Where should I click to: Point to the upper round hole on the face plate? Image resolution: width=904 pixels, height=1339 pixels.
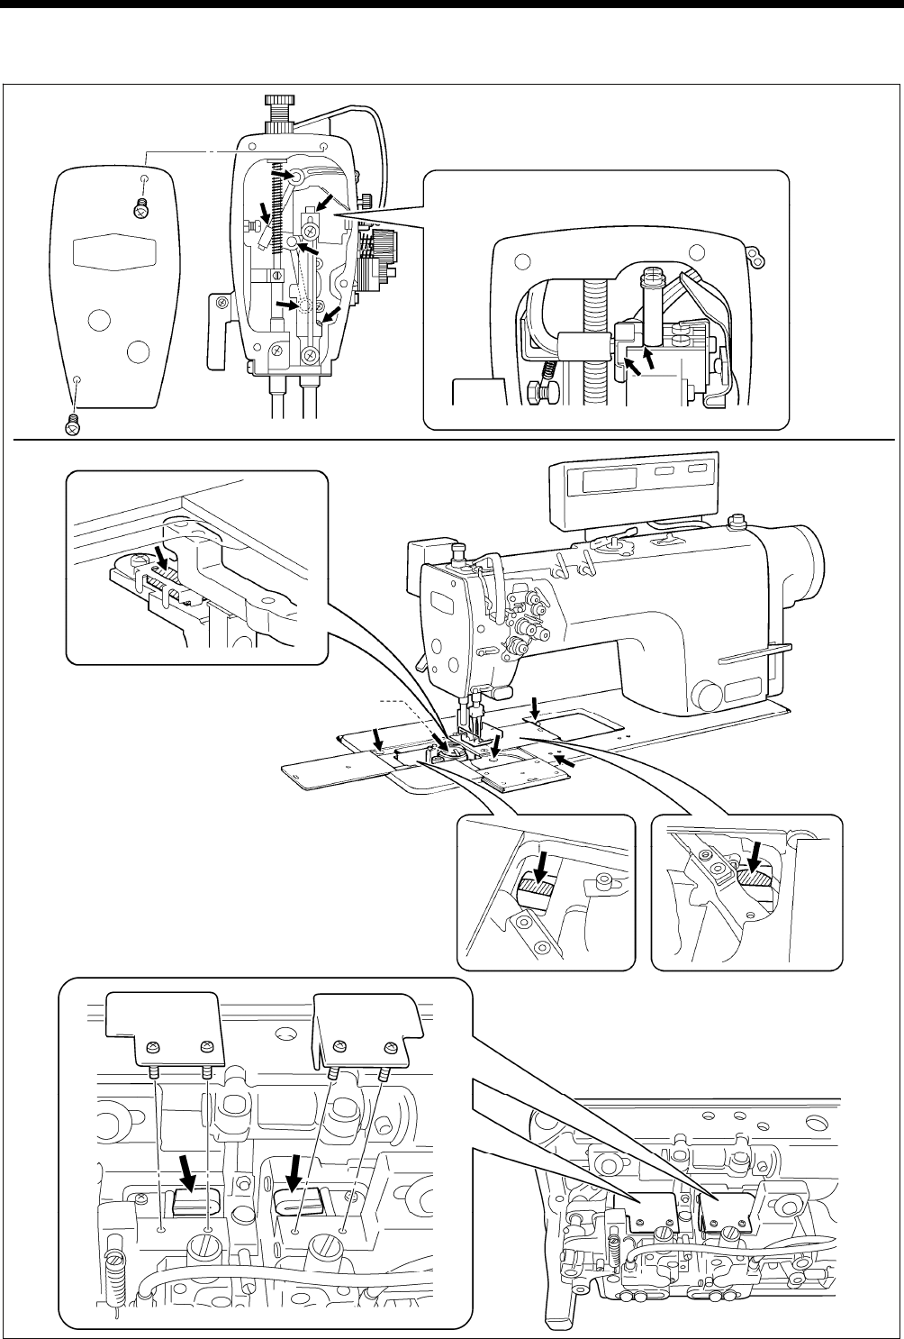point(101,320)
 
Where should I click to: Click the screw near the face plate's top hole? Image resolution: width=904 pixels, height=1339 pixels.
point(140,208)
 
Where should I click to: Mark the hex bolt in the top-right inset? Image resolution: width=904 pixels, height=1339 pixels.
point(536,393)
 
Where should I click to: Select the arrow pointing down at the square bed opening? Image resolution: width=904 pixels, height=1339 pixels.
point(535,706)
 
